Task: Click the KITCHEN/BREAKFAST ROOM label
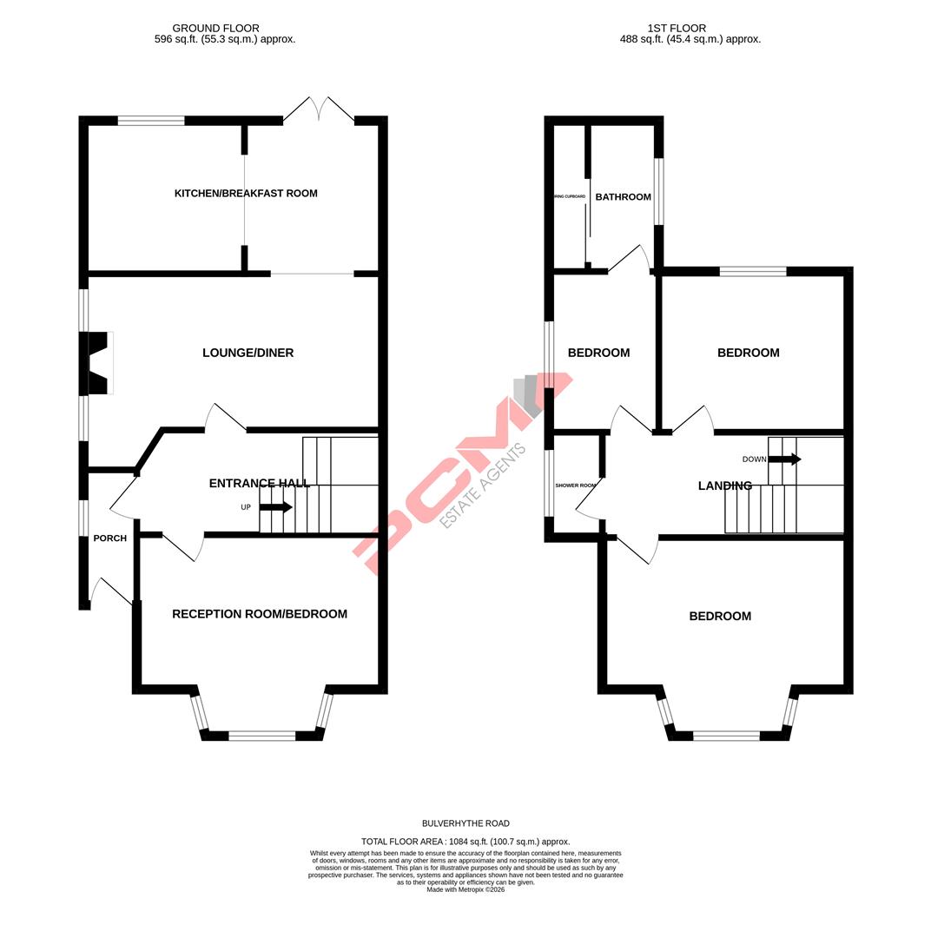[x=246, y=194]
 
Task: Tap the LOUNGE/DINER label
[x=248, y=353]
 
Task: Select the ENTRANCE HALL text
[x=259, y=484]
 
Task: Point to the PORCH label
[x=110, y=538]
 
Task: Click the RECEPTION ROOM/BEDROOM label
[x=259, y=614]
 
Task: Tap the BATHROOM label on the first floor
[x=623, y=197]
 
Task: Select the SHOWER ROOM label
[x=576, y=486]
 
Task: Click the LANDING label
[x=724, y=486]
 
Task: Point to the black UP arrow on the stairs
[x=276, y=507]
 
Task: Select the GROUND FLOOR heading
[x=215, y=29]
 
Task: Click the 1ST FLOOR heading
[x=677, y=29]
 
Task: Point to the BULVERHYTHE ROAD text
[x=465, y=823]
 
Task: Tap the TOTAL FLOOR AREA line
[x=465, y=842]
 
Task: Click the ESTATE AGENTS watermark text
[x=483, y=486]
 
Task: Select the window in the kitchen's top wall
[x=151, y=121]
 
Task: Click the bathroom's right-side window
[x=658, y=191]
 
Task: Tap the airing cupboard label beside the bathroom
[x=569, y=197]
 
